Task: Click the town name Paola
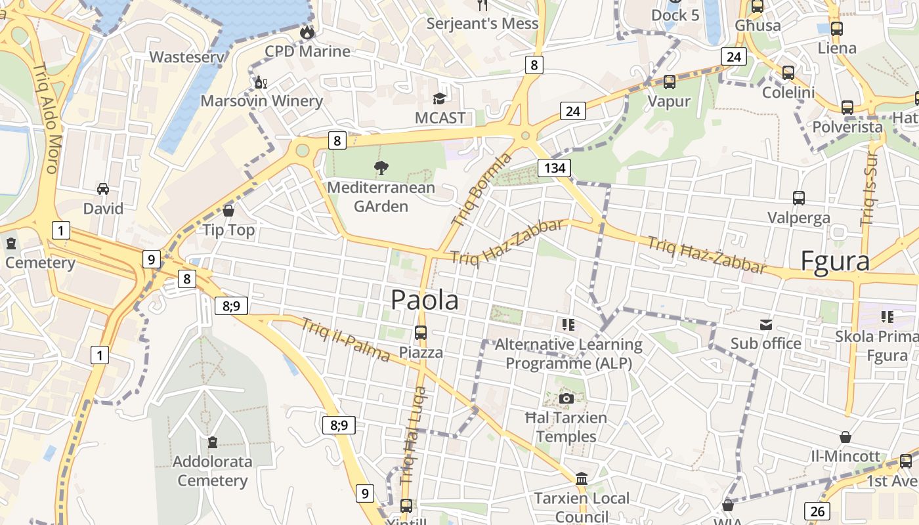click(425, 300)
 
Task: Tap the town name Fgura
click(835, 261)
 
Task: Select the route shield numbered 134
click(554, 167)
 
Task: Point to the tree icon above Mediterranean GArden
click(381, 168)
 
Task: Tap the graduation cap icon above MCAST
click(439, 98)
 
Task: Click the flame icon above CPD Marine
click(307, 32)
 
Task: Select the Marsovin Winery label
click(261, 101)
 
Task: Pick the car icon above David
click(103, 189)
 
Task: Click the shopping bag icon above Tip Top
click(228, 211)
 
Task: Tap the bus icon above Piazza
click(421, 333)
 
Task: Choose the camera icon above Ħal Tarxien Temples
click(566, 398)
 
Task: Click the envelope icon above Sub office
click(766, 324)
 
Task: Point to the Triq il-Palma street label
click(346, 339)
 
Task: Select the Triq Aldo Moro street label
click(45, 117)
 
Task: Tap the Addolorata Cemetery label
click(212, 471)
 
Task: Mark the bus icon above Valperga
click(799, 198)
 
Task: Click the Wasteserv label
click(187, 57)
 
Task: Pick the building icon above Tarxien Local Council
click(581, 478)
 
